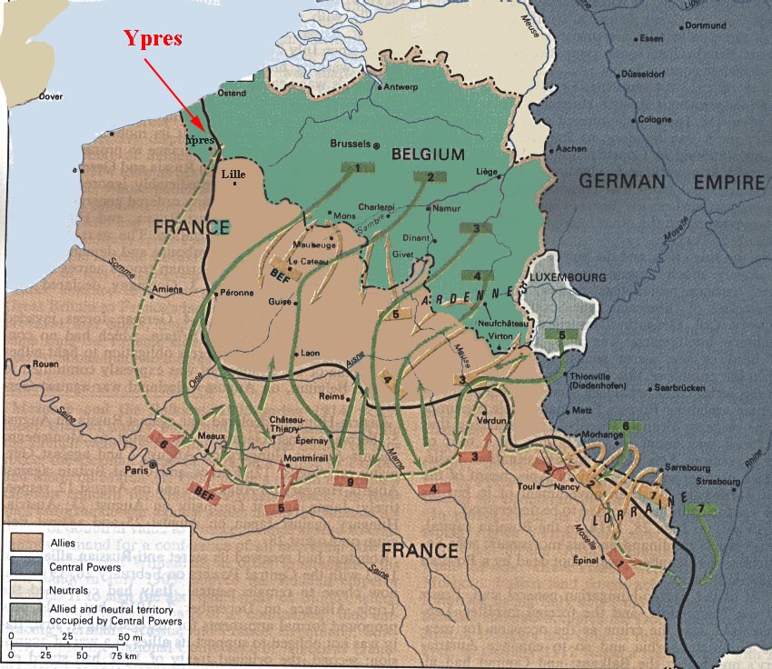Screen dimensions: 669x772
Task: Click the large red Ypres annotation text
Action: (153, 39)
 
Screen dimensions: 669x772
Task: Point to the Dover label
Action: (51, 95)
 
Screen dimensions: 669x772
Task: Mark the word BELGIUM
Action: (428, 155)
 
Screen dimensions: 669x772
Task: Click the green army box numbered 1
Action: (358, 167)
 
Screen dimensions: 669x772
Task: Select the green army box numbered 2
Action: (431, 176)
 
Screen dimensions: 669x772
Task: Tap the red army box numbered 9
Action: (350, 481)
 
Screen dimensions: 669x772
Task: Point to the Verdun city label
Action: (490, 421)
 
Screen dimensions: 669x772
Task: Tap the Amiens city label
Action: (167, 289)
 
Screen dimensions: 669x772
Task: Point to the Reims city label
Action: (332, 396)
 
